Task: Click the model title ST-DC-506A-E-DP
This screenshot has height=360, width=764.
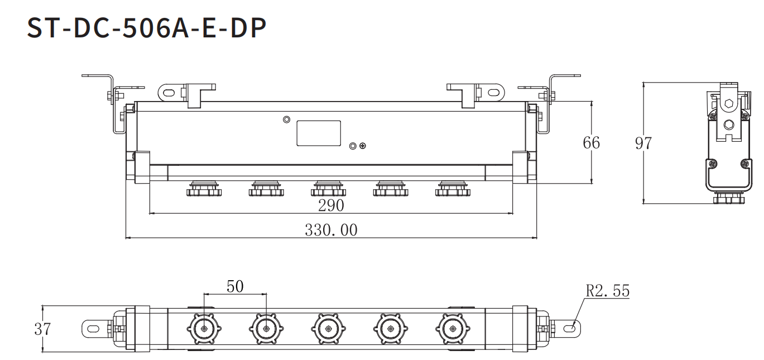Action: (146, 28)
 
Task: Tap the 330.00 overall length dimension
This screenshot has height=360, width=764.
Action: (331, 230)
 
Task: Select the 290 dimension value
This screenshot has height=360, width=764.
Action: (331, 205)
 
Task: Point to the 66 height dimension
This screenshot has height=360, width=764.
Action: (591, 143)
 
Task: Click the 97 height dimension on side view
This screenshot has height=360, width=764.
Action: (643, 143)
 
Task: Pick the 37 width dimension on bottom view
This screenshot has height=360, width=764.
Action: (42, 329)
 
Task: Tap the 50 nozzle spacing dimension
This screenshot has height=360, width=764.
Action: (235, 287)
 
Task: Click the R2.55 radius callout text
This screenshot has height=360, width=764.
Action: (607, 291)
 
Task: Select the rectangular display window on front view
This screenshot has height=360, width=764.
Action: (319, 133)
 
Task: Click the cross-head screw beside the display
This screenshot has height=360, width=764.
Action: (363, 146)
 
